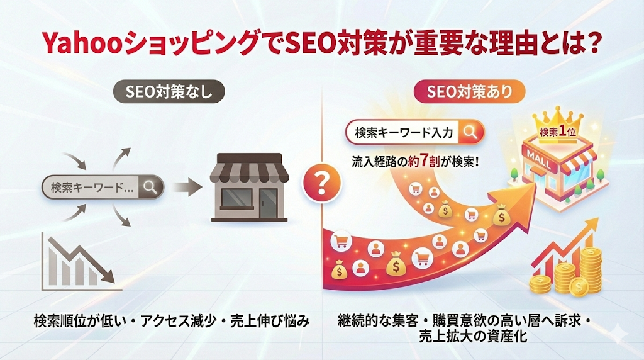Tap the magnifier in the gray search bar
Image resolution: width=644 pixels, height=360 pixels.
(150, 186)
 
